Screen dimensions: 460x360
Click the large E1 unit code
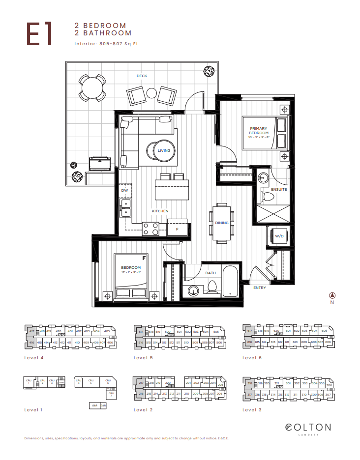click(39, 33)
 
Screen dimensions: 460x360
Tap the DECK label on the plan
click(142, 76)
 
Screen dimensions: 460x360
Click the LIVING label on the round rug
click(164, 150)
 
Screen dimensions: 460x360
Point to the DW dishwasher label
click(124, 190)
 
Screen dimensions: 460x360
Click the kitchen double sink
click(126, 208)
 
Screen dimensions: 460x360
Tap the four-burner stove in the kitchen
click(150, 228)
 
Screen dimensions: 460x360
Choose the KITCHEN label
click(160, 211)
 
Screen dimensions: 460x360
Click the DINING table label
click(221, 223)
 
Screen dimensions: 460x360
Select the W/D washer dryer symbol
click(279, 237)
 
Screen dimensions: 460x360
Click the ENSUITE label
click(279, 190)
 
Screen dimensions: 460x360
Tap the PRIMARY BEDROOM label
click(259, 131)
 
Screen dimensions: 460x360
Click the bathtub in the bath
click(230, 282)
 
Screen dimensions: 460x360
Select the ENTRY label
click(260, 288)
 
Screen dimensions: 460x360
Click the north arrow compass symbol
click(332, 295)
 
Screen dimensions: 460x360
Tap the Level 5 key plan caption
click(143, 358)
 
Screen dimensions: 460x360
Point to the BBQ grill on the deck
click(100, 162)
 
